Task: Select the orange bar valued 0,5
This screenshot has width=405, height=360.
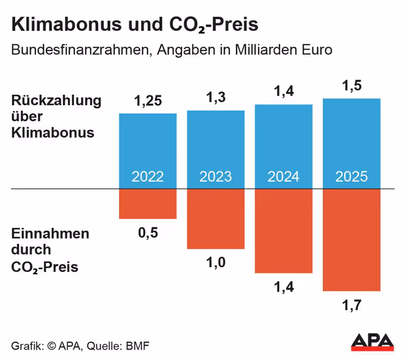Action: (x=148, y=205)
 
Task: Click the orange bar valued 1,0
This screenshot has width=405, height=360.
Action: (x=216, y=220)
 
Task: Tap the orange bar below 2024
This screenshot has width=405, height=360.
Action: (x=283, y=231)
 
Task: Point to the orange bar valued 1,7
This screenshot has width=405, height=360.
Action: (x=351, y=240)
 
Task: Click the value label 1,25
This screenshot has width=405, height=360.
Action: (x=147, y=101)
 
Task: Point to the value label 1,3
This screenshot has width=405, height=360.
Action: (x=216, y=98)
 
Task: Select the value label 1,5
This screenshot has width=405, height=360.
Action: (x=351, y=86)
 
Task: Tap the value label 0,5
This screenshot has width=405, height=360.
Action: (x=147, y=232)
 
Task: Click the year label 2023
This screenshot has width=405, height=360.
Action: (x=216, y=177)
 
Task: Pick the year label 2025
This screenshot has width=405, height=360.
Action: (x=351, y=177)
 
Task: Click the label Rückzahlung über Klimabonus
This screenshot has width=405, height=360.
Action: (x=56, y=117)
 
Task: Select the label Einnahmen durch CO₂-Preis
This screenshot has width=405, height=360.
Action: (x=50, y=250)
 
